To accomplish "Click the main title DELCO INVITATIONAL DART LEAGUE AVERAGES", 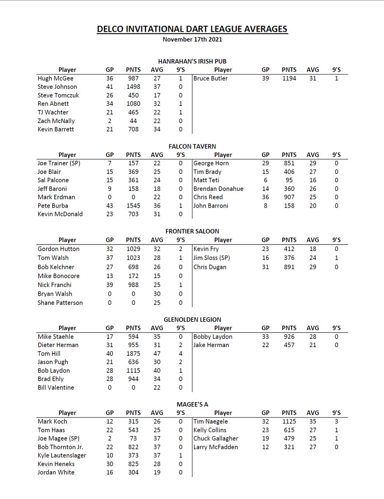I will tap(192, 29).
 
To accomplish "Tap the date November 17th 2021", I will tap(192, 39).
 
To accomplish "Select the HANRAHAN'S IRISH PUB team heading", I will tap(192, 61).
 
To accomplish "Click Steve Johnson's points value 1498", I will tap(133, 87).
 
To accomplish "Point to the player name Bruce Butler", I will tap(210, 78).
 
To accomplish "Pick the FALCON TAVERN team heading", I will tap(192, 146).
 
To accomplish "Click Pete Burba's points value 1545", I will tap(133, 206).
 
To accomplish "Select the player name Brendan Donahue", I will tap(218, 189).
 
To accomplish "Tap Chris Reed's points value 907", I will tap(289, 197).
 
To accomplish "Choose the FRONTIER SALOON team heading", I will tap(192, 231).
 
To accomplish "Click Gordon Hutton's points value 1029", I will tap(133, 249).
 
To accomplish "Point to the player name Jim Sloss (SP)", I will tap(212, 258).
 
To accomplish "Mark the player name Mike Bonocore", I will tap(59, 276).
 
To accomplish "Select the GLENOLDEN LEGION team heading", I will tap(192, 319).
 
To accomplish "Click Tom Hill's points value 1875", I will tap(133, 354).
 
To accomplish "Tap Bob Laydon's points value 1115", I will tap(133, 371).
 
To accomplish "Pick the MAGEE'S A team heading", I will tap(192, 404).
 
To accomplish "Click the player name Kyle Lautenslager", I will tap(62, 455).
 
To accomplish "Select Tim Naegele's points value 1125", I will tap(289, 421).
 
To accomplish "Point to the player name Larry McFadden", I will tap(215, 447).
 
